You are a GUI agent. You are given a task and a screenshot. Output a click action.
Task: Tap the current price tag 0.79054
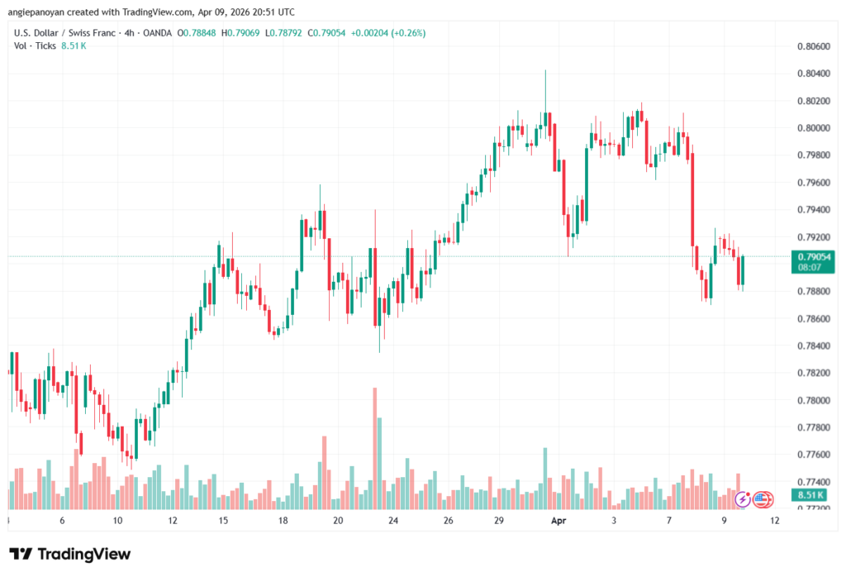(814, 257)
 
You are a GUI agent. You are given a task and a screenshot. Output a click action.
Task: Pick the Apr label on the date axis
(559, 521)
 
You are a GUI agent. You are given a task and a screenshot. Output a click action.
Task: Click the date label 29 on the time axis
(498, 521)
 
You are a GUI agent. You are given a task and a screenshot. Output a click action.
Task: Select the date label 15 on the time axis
(223, 521)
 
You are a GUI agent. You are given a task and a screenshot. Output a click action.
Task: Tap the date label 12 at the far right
(775, 521)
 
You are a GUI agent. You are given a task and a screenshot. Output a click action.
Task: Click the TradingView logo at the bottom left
(69, 554)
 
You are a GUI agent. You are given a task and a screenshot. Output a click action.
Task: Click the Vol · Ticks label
(35, 45)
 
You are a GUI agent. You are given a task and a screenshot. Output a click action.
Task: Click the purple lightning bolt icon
(743, 498)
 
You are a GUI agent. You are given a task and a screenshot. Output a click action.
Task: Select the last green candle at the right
(743, 271)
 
